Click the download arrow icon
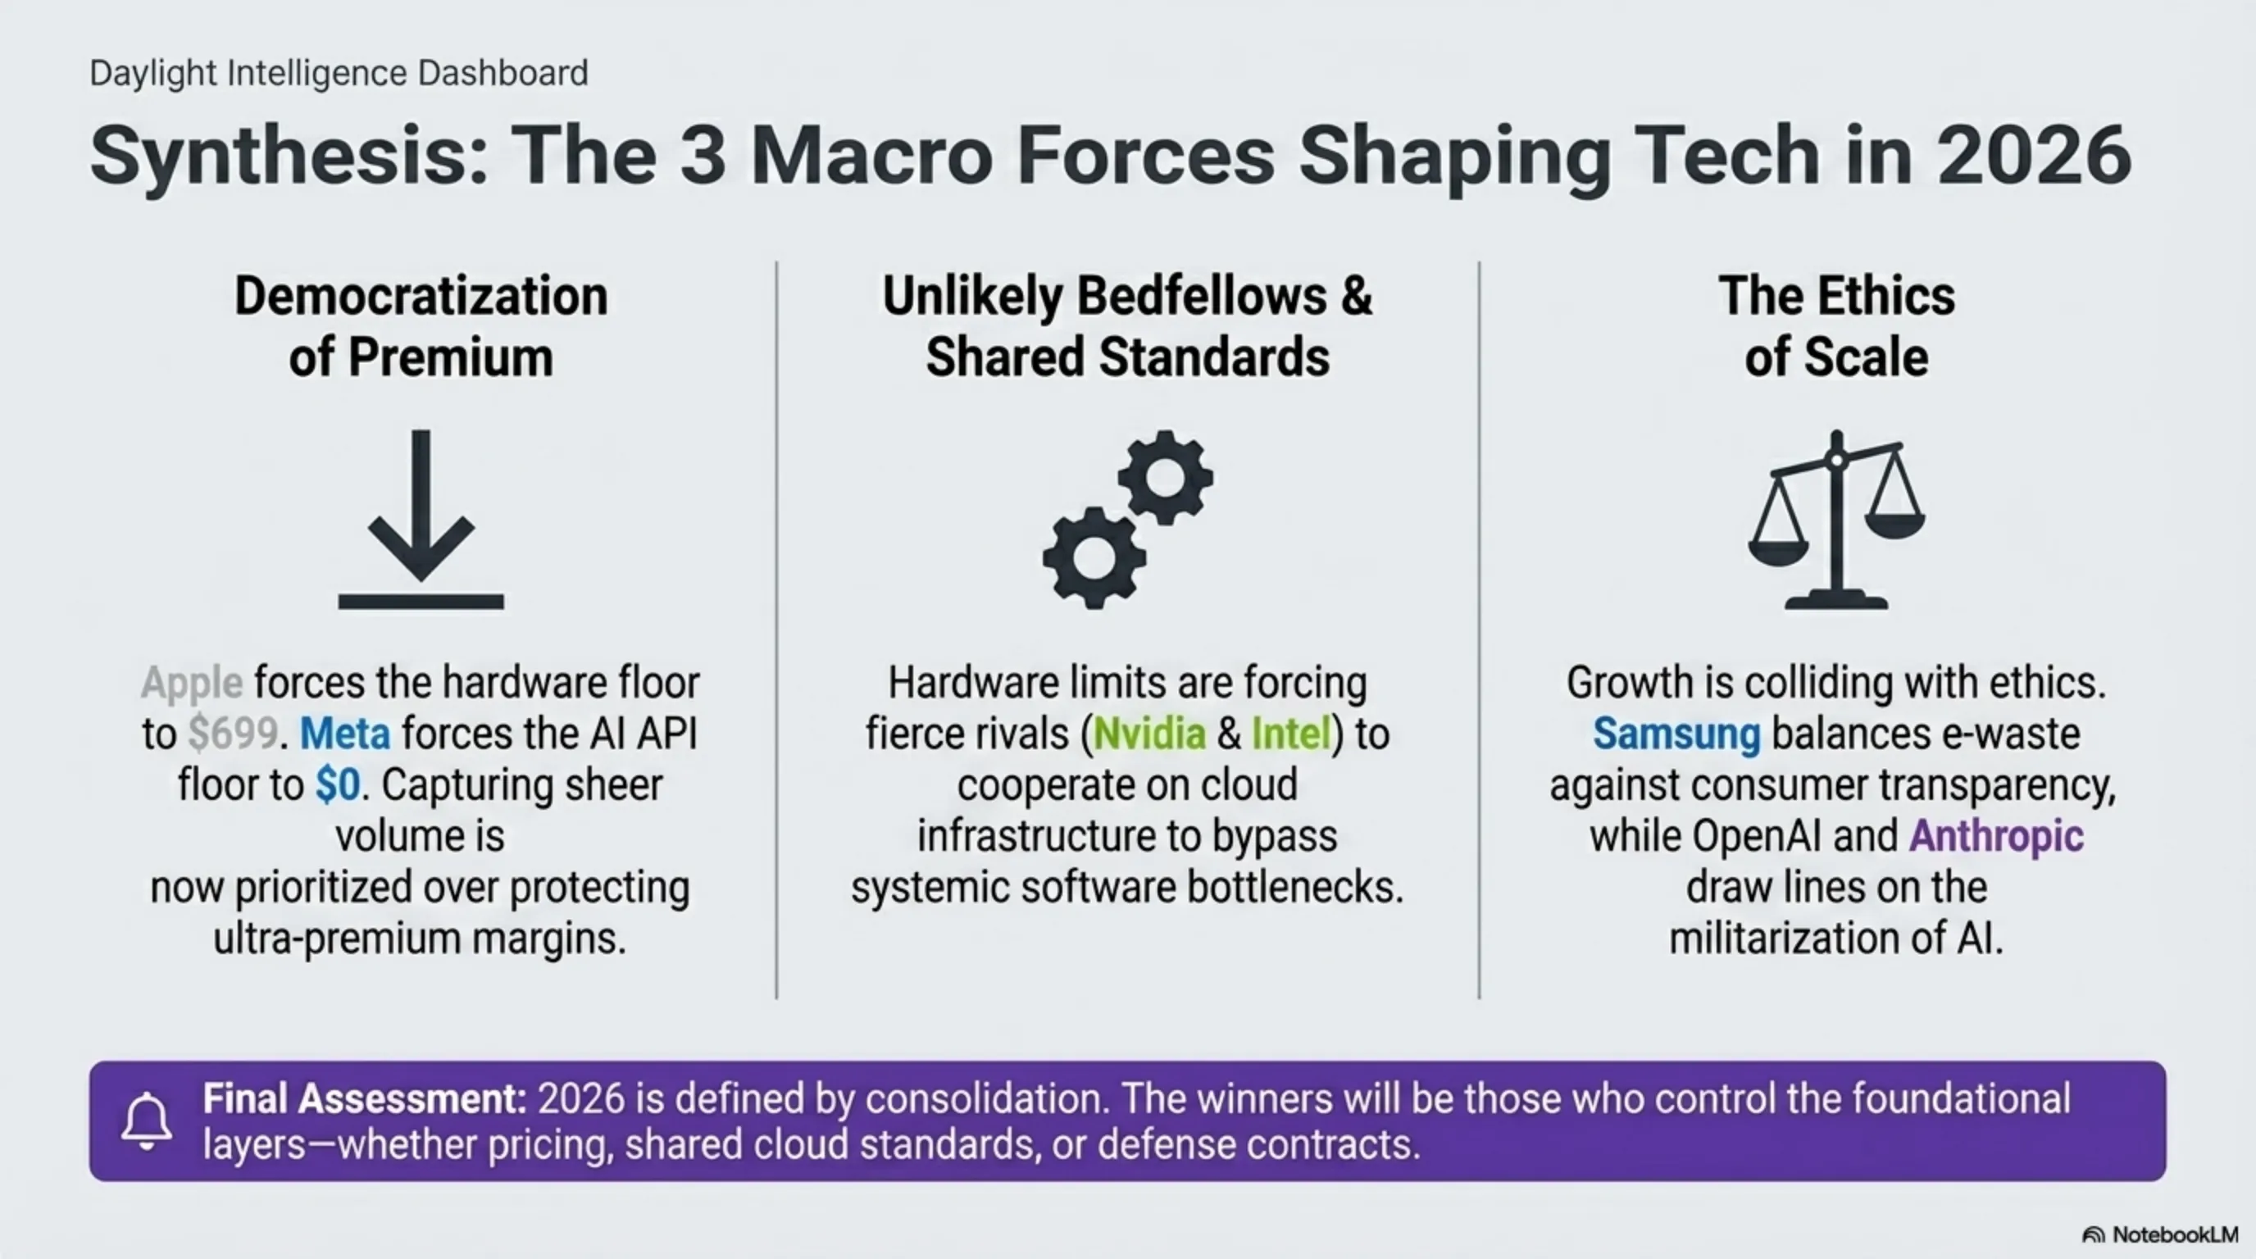421,525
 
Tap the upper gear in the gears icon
1166,477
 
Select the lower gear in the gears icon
1094,557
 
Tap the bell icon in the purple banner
146,1120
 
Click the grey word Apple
192,683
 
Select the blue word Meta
345,734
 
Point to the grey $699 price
233,734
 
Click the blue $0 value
338,784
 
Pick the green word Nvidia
1150,734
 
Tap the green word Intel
1292,734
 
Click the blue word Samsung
1676,734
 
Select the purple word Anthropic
1996,836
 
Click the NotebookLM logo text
2176,1234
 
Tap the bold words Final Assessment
364,1099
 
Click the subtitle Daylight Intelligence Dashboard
339,73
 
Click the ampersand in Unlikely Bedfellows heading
1356,296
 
